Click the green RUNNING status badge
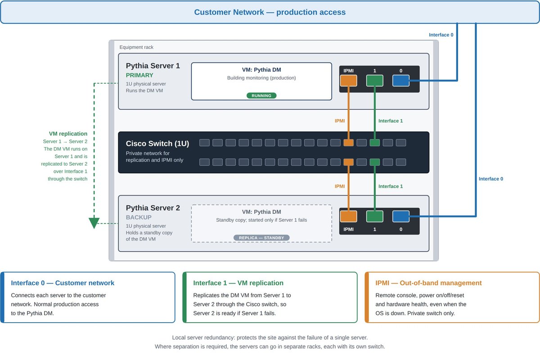261,96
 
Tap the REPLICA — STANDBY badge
261,238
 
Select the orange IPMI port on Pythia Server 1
348,81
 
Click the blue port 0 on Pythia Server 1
400,81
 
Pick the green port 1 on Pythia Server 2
374,216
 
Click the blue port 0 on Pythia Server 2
400,216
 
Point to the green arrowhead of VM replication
94,223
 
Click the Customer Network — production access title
270,12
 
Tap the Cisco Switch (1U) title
157,144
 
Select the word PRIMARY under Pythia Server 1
139,75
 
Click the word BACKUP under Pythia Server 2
139,217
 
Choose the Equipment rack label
136,47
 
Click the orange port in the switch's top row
348,143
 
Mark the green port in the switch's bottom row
374,162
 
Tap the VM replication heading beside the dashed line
68,134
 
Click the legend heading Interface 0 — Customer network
63,283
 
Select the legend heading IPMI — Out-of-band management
428,283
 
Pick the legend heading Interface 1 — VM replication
238,283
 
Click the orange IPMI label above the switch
339,121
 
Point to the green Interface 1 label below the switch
390,186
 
